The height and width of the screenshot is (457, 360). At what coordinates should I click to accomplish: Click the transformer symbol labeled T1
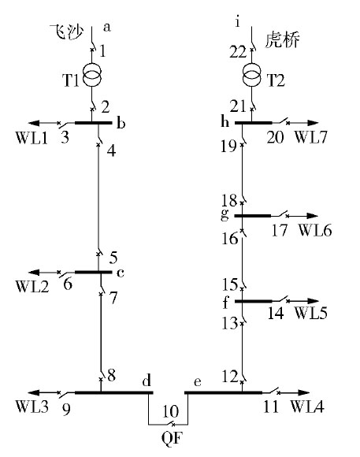click(x=92, y=75)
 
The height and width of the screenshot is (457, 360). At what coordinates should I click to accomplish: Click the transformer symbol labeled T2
click(x=252, y=75)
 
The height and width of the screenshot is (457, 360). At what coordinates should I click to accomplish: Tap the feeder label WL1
click(x=32, y=138)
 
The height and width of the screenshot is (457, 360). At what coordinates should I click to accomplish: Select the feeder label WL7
click(x=311, y=136)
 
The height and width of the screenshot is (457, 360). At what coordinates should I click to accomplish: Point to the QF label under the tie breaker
click(x=173, y=437)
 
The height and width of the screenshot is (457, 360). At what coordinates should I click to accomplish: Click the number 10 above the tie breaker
click(x=170, y=411)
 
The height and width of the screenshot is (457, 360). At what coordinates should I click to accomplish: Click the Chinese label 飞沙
click(x=67, y=32)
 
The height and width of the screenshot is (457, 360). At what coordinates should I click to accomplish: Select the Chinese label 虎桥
click(x=282, y=40)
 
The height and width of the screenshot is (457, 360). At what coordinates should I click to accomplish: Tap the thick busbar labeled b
click(x=93, y=123)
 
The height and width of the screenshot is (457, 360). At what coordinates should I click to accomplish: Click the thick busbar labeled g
click(x=253, y=216)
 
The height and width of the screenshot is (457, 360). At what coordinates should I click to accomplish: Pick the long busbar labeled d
click(x=114, y=392)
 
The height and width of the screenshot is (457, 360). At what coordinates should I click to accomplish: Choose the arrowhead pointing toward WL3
click(x=33, y=392)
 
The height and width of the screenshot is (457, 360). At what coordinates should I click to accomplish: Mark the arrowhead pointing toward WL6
click(x=312, y=216)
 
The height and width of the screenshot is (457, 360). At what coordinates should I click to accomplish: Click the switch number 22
click(x=238, y=52)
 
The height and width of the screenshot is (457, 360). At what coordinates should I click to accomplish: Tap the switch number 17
click(x=280, y=230)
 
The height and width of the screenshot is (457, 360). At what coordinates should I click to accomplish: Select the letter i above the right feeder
click(x=238, y=22)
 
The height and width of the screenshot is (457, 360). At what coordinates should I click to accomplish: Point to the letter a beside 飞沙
click(x=107, y=28)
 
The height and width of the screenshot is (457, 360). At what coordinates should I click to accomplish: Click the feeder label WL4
click(x=307, y=407)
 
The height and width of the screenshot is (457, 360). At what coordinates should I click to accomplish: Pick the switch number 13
click(x=230, y=323)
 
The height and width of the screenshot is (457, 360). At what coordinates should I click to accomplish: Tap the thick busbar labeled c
click(x=93, y=272)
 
